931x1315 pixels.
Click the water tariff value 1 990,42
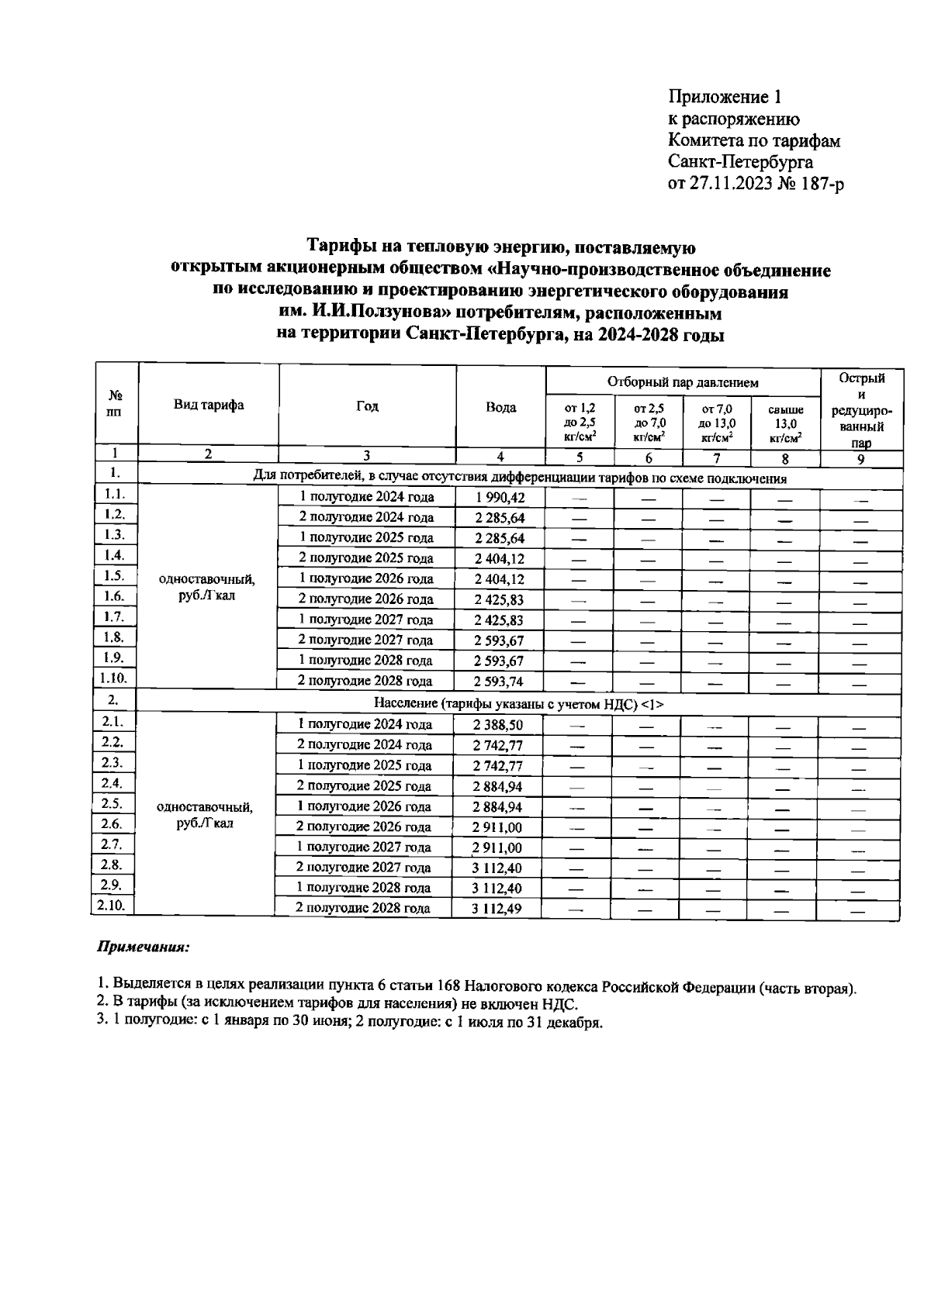point(500,498)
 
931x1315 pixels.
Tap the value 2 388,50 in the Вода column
point(498,724)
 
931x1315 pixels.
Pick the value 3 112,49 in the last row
point(497,909)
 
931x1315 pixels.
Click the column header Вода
point(500,408)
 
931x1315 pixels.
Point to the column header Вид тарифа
point(208,405)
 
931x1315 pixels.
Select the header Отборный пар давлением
point(683,382)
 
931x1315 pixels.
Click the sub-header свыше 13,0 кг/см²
point(785,423)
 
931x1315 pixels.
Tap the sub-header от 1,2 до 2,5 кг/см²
point(580,423)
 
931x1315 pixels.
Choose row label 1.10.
point(113,677)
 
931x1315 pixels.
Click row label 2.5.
point(112,803)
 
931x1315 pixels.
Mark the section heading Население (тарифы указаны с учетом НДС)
point(518,703)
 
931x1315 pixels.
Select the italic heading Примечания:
point(143,947)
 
